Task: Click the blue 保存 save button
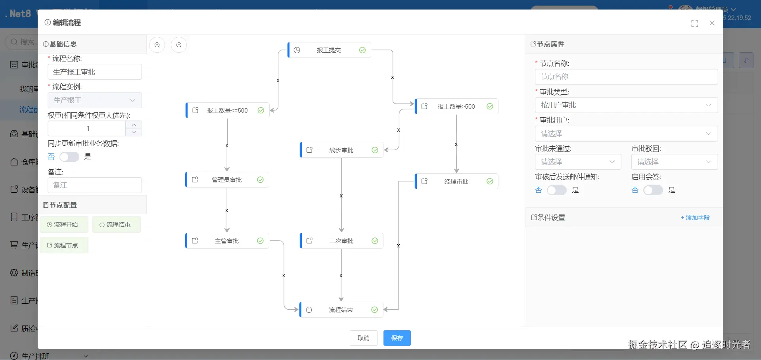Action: point(397,338)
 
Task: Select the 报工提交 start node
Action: point(329,50)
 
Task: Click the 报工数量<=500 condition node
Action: point(227,111)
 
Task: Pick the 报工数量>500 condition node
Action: point(456,107)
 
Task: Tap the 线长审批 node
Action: point(341,150)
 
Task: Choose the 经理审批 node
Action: point(456,182)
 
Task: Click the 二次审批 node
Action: point(341,241)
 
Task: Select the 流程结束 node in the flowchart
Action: point(341,310)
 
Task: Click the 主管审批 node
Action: point(227,241)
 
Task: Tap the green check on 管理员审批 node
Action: point(260,180)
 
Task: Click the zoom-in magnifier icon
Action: point(157,45)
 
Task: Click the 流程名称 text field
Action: point(94,72)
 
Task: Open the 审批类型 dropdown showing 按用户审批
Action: point(626,105)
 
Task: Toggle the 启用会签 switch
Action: point(653,190)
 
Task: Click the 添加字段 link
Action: point(695,218)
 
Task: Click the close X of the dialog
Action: point(712,23)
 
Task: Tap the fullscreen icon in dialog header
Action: point(694,24)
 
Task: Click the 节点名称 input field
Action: point(626,77)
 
